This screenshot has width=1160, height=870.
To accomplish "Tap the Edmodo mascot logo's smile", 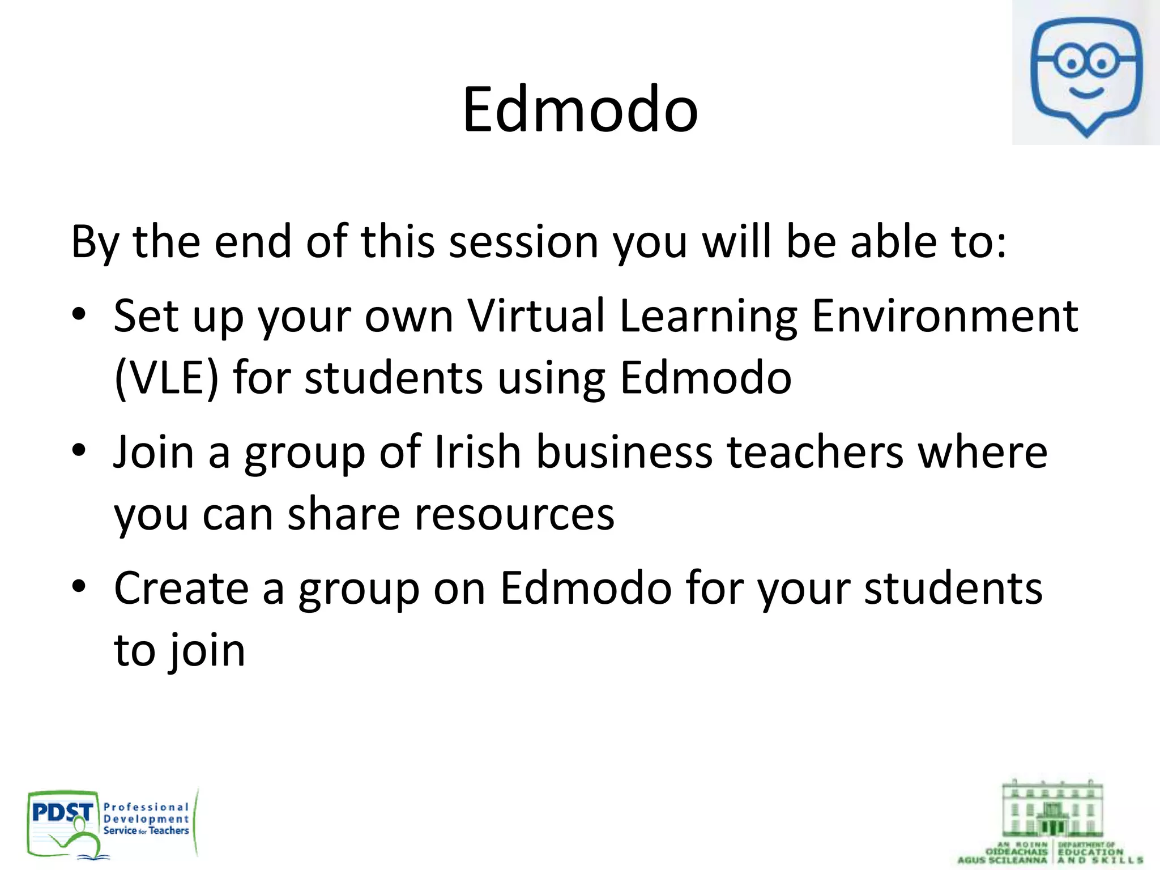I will pos(1085,92).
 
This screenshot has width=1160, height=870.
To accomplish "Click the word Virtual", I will pos(536,315).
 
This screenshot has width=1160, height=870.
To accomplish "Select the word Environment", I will pos(945,315).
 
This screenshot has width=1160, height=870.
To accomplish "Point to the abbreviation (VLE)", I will pos(166,378).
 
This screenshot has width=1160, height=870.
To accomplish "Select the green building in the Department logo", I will pos(1052,810).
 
